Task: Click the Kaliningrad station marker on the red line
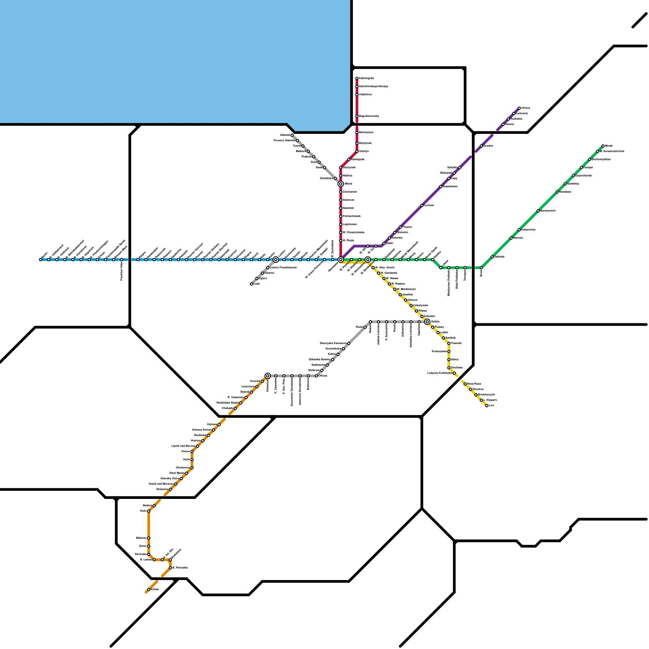coord(357,78)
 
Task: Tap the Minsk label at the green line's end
coord(609,146)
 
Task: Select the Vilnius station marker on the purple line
coord(519,108)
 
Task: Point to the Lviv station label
coord(492,405)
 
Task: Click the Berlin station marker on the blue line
coord(41,260)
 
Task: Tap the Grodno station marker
coord(481,146)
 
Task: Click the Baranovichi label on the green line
coord(548,211)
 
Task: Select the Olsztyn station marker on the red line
coord(357,151)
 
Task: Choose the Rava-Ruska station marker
coord(465,384)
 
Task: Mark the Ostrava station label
coord(212,424)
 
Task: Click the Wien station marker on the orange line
coord(149,589)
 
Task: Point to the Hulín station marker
coord(192,460)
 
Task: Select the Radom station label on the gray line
coord(359,327)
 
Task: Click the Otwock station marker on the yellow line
coord(406,300)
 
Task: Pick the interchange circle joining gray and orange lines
coord(268,376)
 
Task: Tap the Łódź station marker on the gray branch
coord(251,284)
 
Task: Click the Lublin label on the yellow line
coord(444,332)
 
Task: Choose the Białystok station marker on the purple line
coord(454,173)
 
